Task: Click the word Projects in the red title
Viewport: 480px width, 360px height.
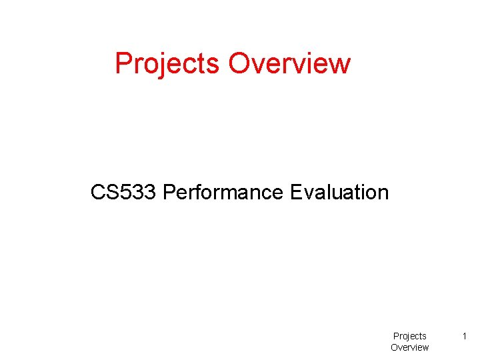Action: click(x=167, y=64)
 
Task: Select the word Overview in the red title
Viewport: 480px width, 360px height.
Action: click(x=289, y=64)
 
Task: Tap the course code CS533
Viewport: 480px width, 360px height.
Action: click(x=124, y=193)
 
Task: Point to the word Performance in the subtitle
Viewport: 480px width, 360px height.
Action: click(x=223, y=193)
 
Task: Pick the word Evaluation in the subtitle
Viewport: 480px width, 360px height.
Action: click(x=339, y=193)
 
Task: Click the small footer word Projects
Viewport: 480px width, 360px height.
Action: click(x=409, y=336)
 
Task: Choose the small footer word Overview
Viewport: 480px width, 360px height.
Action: click(x=409, y=347)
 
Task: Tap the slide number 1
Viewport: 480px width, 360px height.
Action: click(x=465, y=336)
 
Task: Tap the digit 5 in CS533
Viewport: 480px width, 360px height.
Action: click(x=121, y=193)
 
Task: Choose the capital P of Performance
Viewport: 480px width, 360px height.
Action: click(x=169, y=193)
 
